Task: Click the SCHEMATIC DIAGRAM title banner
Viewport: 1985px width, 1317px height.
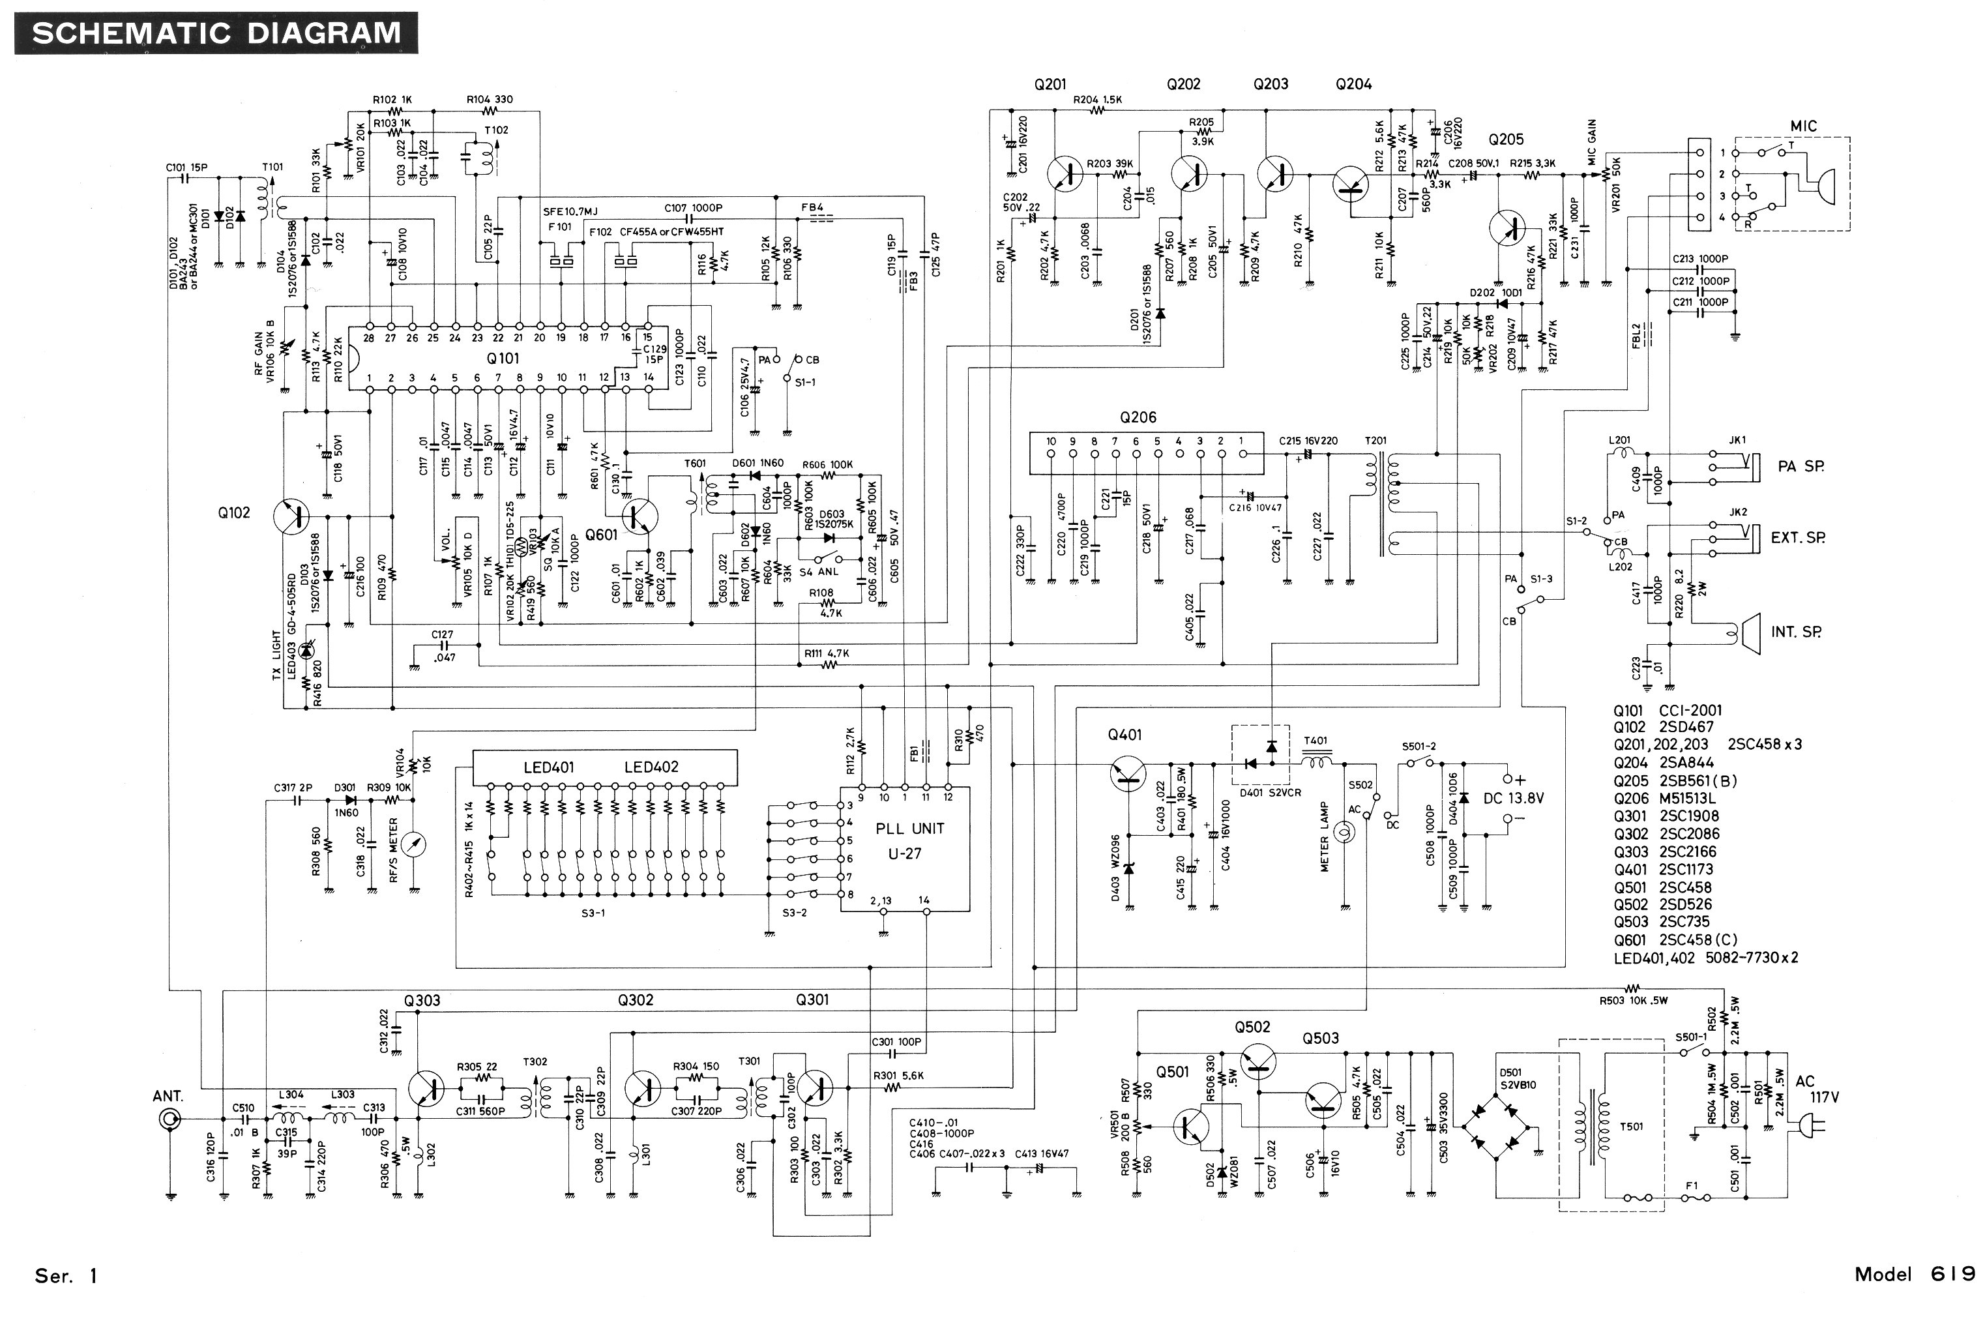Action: (216, 33)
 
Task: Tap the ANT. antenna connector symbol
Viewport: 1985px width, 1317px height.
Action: (170, 1119)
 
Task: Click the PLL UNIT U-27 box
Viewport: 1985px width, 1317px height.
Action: (905, 848)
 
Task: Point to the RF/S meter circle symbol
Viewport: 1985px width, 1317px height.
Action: (413, 844)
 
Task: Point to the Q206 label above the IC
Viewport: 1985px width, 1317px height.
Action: (1138, 417)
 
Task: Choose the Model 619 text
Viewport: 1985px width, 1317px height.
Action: (1914, 1274)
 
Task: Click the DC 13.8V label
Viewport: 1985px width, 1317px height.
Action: (1513, 798)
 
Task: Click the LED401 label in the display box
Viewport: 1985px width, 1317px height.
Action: (548, 767)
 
